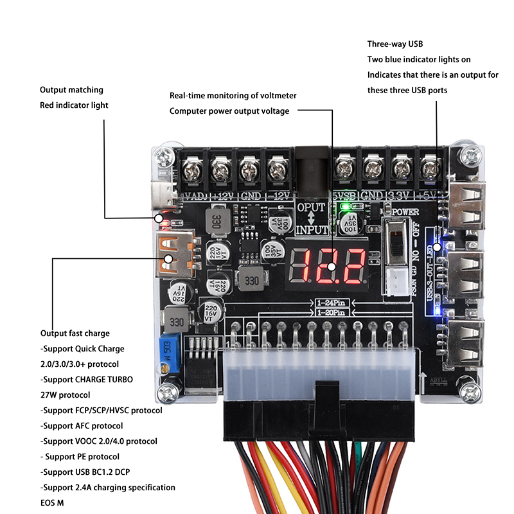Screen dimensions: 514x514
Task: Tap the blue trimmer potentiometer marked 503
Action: [170, 350]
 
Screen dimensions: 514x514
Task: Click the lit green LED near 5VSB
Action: [346, 208]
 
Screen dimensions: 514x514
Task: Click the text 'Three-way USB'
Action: [395, 44]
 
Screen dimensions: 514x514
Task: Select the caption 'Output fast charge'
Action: [75, 333]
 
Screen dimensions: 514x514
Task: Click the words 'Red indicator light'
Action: [74, 105]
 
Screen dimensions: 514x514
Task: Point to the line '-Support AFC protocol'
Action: [82, 426]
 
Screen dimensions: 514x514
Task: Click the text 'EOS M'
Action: [51, 503]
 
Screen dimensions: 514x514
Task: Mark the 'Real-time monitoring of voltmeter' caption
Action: [233, 95]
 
